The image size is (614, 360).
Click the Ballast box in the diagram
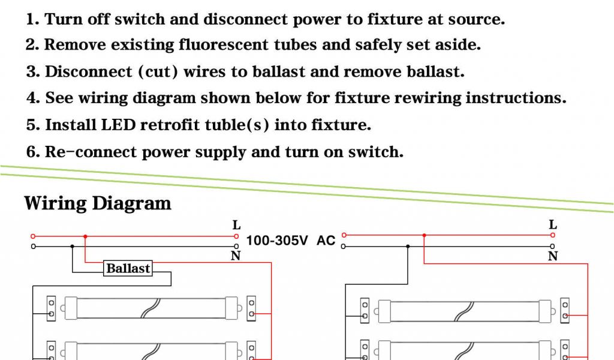pyautogui.click(x=128, y=268)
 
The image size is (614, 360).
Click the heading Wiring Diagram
pyautogui.click(x=98, y=203)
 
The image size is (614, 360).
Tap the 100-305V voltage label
pyautogui.click(x=277, y=241)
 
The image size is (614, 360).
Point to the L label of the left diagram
pyautogui.click(x=236, y=226)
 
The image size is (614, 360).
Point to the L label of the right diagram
pyautogui.click(x=553, y=225)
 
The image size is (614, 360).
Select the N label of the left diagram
pyautogui.click(x=236, y=256)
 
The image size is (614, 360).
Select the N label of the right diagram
pyautogui.click(x=553, y=256)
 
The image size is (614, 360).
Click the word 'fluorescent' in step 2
pyautogui.click(x=223, y=45)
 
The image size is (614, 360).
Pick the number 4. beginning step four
pyautogui.click(x=33, y=98)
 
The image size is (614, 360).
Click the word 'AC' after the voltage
pyautogui.click(x=326, y=241)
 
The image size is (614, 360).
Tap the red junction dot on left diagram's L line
pyautogui.click(x=85, y=236)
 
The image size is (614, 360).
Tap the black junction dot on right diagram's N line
pyautogui.click(x=408, y=246)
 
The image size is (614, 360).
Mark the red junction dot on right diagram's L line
pyautogui.click(x=424, y=235)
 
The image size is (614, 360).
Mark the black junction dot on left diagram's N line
pyautogui.click(x=73, y=246)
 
